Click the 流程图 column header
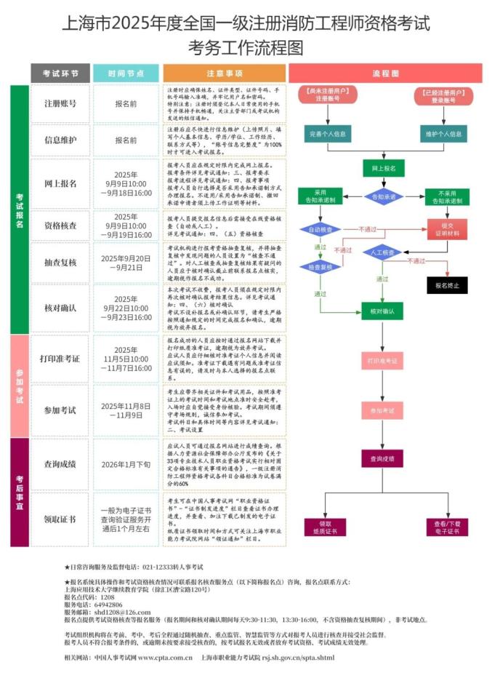pos(385,73)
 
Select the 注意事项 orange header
pos(224,73)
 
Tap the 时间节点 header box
pos(126,73)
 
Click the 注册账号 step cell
pos(60,103)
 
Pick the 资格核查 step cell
pos(60,225)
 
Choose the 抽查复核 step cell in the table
pos(60,262)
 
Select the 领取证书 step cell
pos(60,519)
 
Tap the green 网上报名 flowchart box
pos(384,168)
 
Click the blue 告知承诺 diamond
pos(384,196)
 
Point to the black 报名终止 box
pos(447,285)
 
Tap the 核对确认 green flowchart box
pos(382,311)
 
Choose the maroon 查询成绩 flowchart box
pos(382,458)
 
